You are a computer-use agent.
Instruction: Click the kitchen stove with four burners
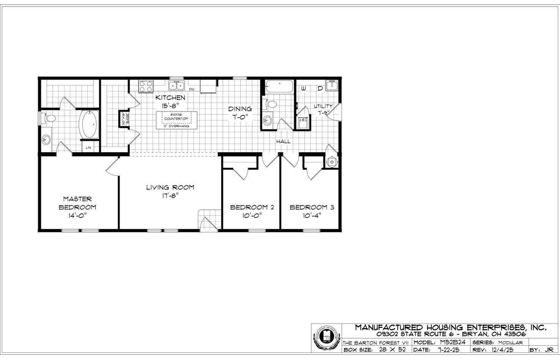click(145, 86)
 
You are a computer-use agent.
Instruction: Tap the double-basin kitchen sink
click(177, 85)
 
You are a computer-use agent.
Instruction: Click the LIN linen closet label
click(88, 147)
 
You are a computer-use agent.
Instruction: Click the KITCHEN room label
click(170, 98)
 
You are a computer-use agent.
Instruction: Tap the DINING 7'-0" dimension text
click(240, 117)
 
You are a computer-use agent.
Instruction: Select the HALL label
click(283, 141)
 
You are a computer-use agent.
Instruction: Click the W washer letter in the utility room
click(304, 88)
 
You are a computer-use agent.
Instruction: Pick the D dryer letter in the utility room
click(320, 88)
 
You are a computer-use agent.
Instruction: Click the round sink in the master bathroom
click(46, 140)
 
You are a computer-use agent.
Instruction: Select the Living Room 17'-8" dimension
click(170, 196)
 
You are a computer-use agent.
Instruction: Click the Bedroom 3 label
click(312, 207)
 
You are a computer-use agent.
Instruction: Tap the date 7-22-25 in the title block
click(448, 349)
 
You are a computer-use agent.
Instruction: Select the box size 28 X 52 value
click(392, 349)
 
